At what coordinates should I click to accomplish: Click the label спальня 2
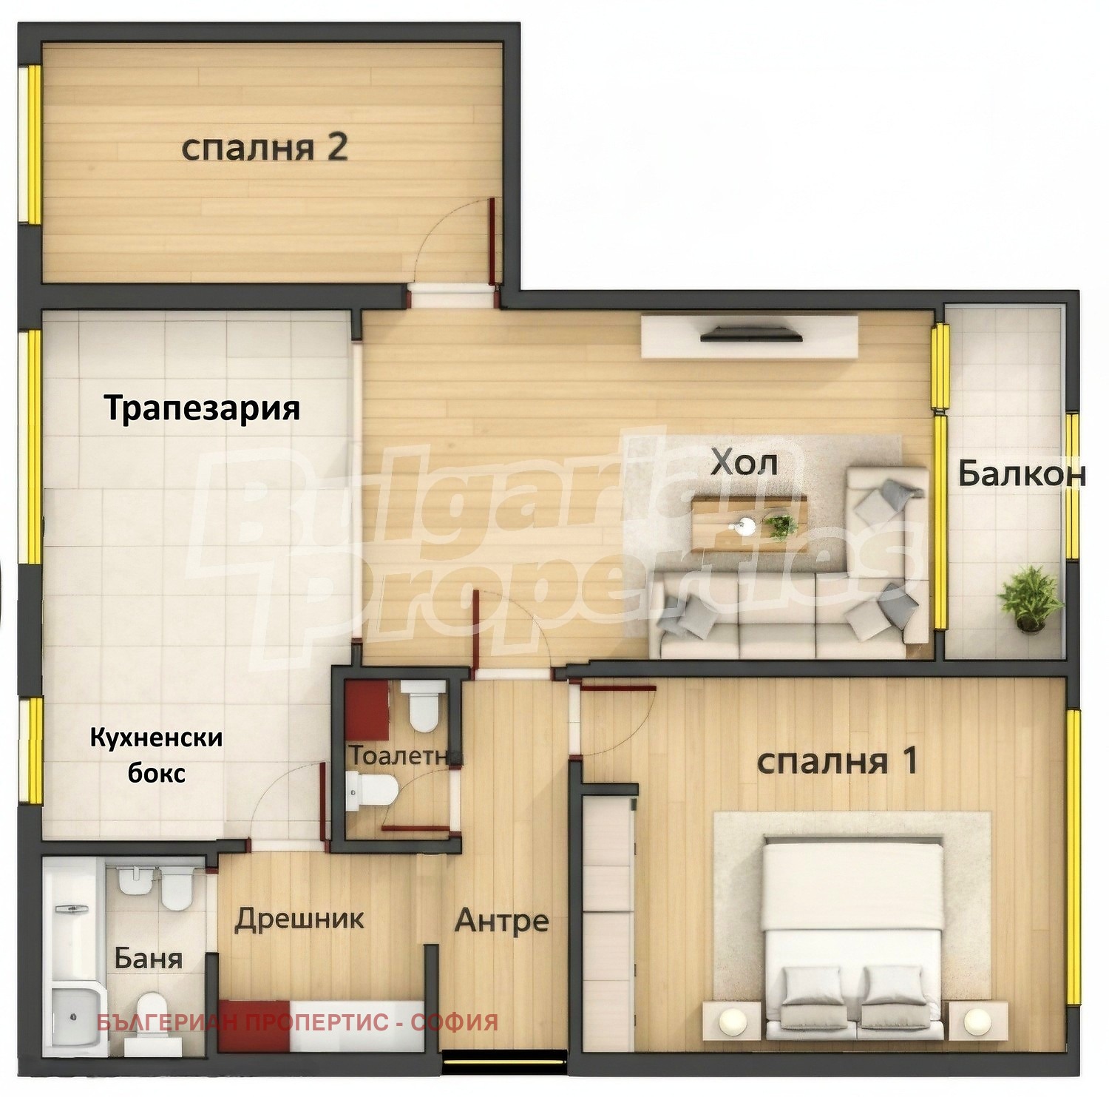pos(264,149)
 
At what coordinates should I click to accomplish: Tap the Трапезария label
pos(202,408)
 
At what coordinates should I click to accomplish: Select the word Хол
pos(744,463)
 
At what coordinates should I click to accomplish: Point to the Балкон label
pos(1022,474)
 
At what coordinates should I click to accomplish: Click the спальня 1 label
pos(837,760)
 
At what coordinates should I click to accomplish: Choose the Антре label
pos(501,921)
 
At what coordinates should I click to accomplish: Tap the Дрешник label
pos(299,919)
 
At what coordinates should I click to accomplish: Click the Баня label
pos(148,959)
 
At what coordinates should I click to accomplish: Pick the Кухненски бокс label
pos(156,755)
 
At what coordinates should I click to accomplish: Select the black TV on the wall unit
pos(750,336)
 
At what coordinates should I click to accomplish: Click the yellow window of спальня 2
pos(33,145)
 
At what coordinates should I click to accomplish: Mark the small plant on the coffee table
pos(781,525)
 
